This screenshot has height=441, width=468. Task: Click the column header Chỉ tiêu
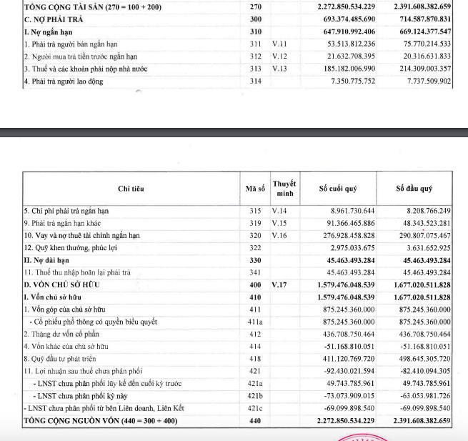coord(131,189)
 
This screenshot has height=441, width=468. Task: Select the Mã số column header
coord(255,189)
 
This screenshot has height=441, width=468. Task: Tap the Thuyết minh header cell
coord(284,188)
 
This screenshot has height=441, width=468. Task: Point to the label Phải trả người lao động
coord(64,81)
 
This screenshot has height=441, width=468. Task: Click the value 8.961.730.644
coord(348,212)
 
